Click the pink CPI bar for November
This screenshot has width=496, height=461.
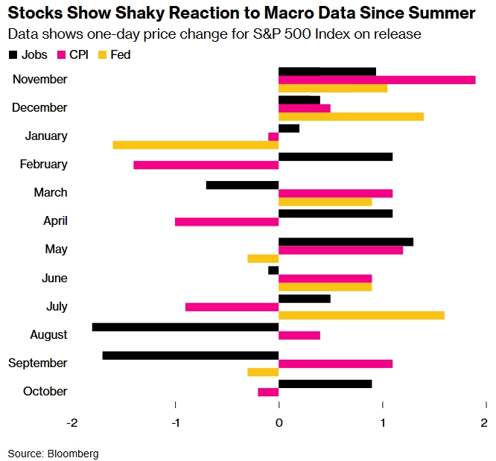tap(377, 80)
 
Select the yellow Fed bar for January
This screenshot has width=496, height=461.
tap(196, 145)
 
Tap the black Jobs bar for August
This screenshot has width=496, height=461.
tap(185, 327)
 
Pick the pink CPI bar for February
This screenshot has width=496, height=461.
tap(206, 165)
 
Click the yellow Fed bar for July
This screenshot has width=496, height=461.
tap(361, 315)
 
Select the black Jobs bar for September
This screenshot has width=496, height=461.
tap(191, 355)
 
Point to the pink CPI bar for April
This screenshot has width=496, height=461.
tap(227, 221)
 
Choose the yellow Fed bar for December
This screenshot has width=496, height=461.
tap(351, 116)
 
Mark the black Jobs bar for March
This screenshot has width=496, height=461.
tap(243, 185)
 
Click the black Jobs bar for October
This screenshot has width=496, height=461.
tap(325, 384)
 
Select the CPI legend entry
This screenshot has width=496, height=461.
tap(73, 55)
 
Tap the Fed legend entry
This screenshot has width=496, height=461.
tap(113, 55)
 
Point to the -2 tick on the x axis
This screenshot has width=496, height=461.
tap(72, 423)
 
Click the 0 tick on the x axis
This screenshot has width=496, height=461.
tap(279, 423)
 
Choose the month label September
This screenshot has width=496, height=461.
tap(38, 363)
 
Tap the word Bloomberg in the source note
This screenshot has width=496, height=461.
tap(74, 453)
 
